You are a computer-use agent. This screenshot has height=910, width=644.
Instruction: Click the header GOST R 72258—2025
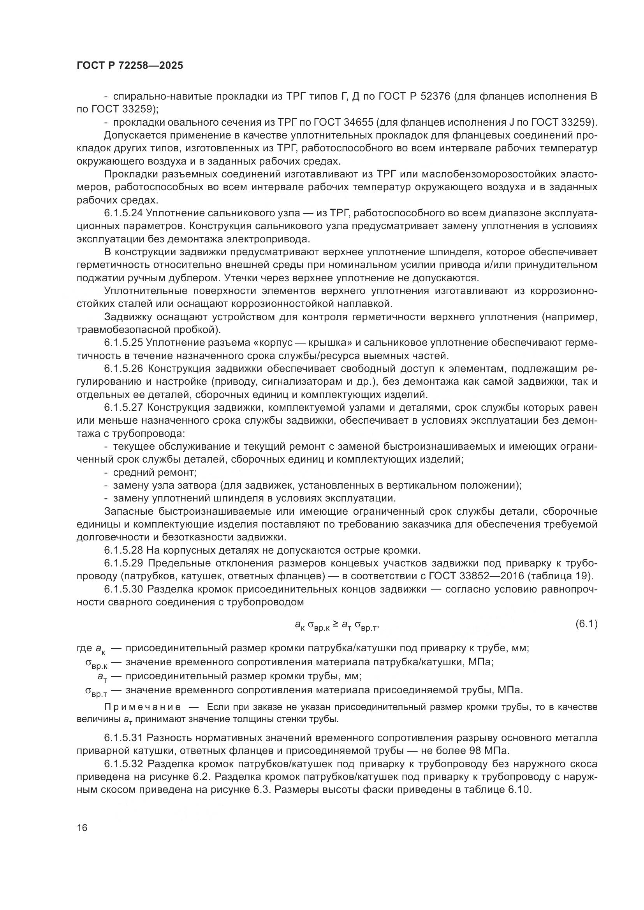coord(130,65)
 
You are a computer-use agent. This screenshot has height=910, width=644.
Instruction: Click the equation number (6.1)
coord(586,624)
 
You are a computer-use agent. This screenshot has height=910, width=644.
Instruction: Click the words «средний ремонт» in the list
coord(155,472)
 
